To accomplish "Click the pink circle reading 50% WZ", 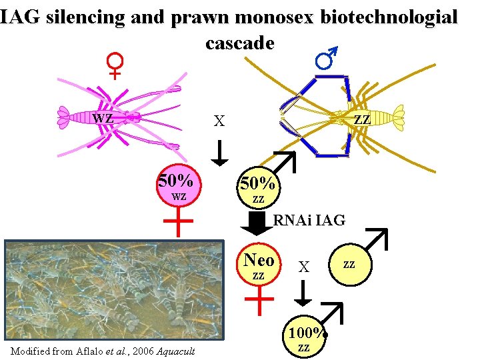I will [x=179, y=187].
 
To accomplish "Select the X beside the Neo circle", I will [x=304, y=267].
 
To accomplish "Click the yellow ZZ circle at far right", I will [x=349, y=265].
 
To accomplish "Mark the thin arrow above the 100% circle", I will [x=304, y=293].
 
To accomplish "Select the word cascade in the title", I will [x=239, y=43].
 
